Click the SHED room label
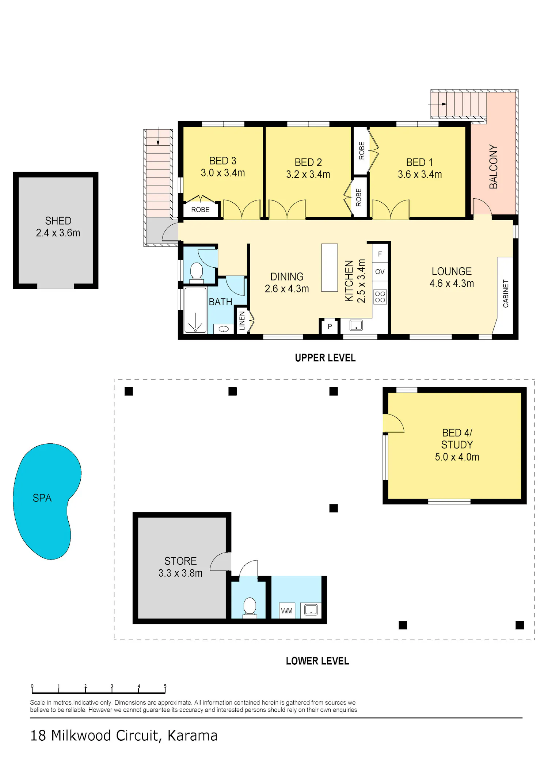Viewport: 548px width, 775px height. [58, 221]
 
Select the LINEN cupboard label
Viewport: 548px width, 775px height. [242, 321]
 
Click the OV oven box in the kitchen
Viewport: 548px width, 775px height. [380, 272]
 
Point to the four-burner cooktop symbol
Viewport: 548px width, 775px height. [380, 297]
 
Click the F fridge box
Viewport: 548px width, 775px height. [380, 254]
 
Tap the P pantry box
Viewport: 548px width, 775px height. [330, 327]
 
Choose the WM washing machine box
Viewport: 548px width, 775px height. [287, 611]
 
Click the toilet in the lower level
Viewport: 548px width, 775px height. [250, 607]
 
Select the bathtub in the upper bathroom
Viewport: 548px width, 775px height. [195, 310]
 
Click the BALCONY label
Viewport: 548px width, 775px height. [493, 167]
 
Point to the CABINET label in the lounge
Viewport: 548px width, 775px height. [506, 294]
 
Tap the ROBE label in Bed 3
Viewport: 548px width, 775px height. [200, 210]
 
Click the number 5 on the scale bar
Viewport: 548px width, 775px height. [165, 686]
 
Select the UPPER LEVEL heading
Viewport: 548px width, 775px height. [325, 358]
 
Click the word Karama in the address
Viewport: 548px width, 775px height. [193, 736]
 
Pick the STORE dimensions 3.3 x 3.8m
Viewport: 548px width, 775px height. [180, 573]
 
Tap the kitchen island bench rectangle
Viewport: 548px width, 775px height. [330, 268]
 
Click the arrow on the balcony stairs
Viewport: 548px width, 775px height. [437, 104]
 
